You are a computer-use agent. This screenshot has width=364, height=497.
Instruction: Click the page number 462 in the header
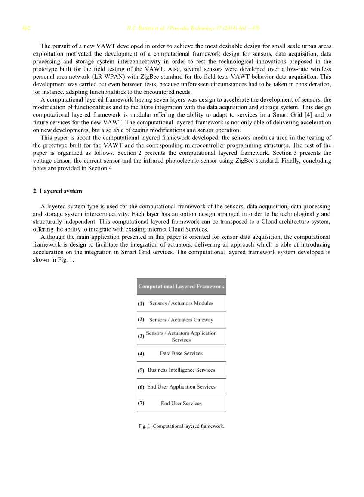[26, 28]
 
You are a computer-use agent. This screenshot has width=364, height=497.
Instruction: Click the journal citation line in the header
[193, 28]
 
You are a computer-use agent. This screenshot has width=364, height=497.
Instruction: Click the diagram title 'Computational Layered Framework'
[181, 287]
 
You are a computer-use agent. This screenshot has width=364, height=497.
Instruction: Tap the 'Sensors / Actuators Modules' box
[181, 303]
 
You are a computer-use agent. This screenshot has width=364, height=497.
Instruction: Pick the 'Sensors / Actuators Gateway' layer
[181, 320]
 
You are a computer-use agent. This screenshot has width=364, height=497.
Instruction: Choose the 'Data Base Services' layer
[181, 354]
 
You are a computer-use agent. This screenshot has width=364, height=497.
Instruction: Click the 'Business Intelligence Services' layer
[181, 370]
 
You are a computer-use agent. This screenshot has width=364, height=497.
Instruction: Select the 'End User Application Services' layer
[181, 387]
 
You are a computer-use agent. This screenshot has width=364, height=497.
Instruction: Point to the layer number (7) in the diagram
[141, 404]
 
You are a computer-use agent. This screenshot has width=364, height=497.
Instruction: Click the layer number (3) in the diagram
[141, 336]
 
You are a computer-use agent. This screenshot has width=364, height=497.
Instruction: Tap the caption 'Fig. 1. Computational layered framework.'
[181, 426]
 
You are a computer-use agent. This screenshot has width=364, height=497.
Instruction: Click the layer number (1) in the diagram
[141, 303]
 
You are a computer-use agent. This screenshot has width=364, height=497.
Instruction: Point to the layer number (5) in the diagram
[141, 370]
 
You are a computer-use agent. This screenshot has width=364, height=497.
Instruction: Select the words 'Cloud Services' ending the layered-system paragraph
[188, 229]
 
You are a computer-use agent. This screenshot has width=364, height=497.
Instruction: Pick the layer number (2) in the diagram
[141, 320]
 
